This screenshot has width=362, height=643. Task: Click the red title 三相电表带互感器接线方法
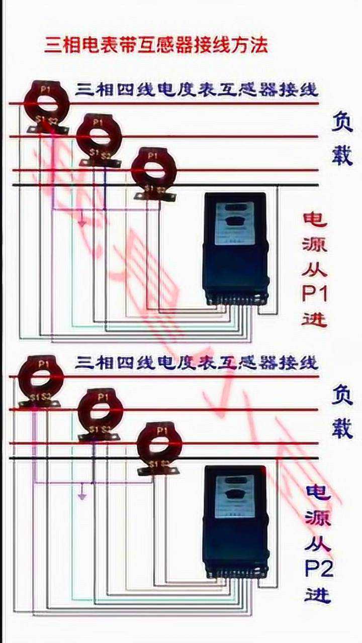click(156, 45)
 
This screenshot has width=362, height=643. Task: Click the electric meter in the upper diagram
click(235, 249)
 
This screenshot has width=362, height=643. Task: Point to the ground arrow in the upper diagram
click(81, 222)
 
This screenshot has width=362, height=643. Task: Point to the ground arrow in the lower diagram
click(82, 495)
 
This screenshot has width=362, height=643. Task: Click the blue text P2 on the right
click(318, 569)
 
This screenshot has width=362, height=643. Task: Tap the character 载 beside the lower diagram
click(342, 427)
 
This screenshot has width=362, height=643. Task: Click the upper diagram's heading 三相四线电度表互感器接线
click(196, 90)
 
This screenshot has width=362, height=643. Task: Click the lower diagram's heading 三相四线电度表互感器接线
click(196, 362)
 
